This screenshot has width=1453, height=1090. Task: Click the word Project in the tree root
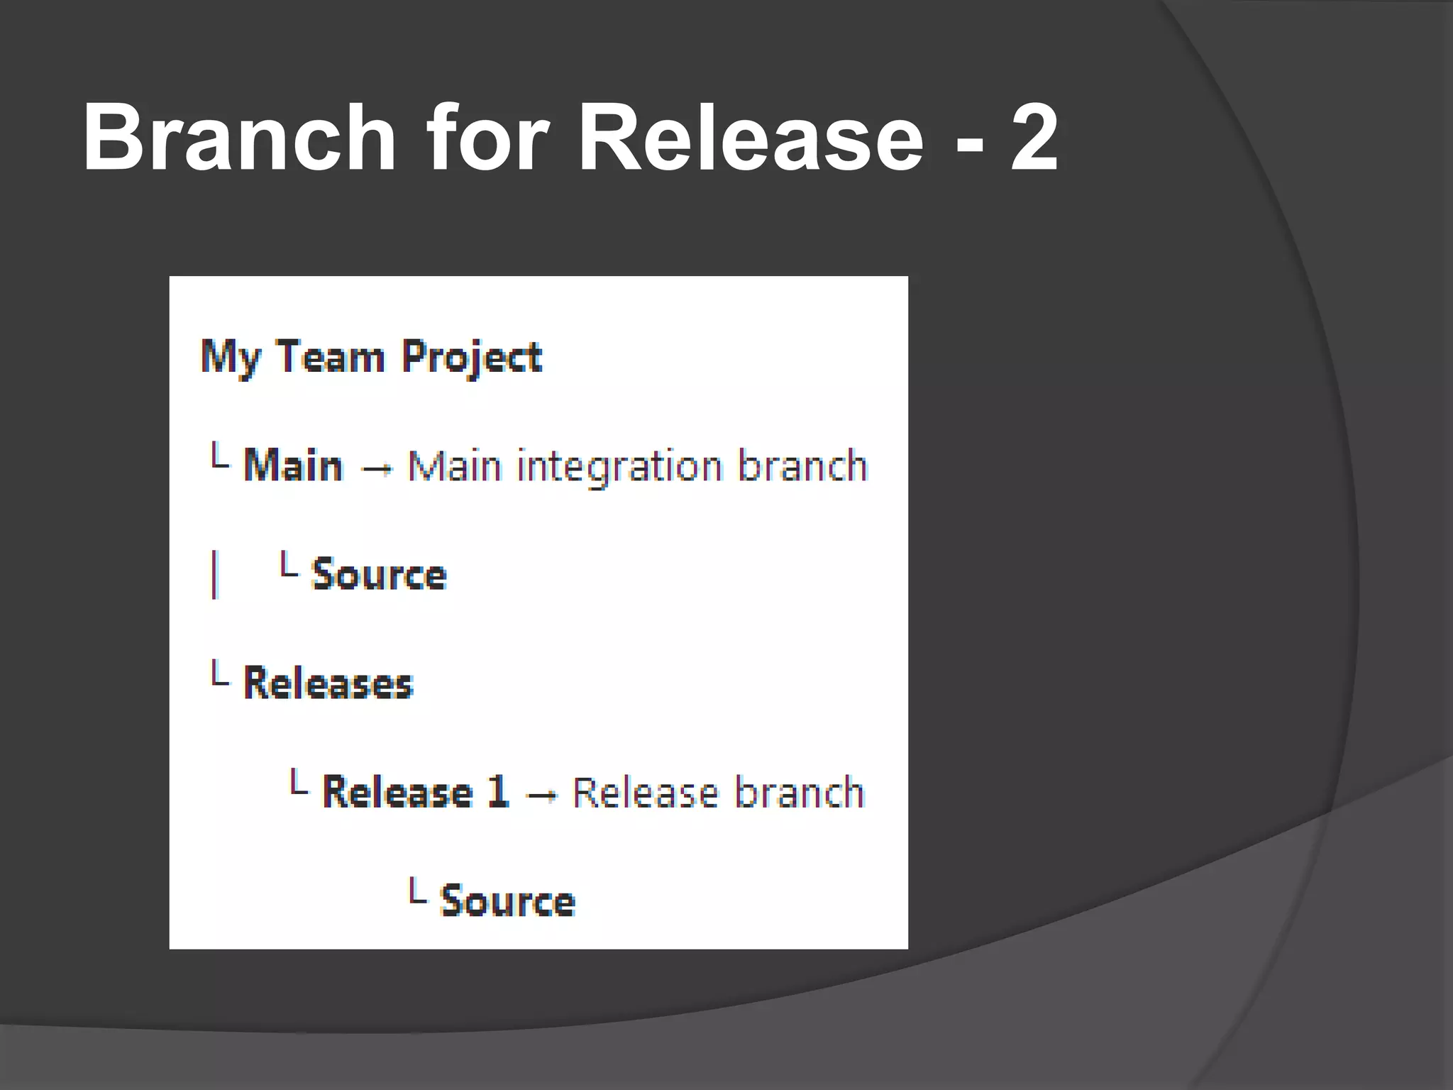(x=471, y=358)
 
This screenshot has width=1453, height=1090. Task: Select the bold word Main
(x=293, y=466)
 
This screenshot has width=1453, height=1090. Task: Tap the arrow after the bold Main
(x=376, y=469)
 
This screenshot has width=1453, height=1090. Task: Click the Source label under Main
(x=379, y=574)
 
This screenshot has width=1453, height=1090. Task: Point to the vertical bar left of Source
(x=214, y=575)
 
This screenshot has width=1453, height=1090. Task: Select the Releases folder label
(x=328, y=683)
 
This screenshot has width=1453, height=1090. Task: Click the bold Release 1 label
(x=416, y=792)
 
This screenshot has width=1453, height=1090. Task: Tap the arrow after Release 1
(x=542, y=796)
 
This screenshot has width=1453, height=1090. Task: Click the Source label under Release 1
(x=507, y=901)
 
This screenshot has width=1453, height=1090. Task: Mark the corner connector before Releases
(x=219, y=673)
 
